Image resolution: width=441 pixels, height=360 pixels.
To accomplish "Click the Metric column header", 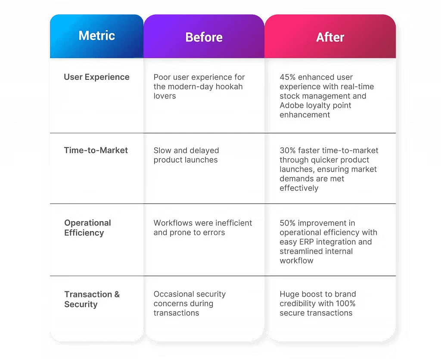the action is click(97, 36).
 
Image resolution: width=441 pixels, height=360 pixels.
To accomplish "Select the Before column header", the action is click(204, 37).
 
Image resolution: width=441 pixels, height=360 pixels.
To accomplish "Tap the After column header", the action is click(330, 37).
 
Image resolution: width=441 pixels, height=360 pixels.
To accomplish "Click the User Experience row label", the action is click(96, 77).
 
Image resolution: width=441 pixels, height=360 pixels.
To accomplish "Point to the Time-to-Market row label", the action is click(96, 150).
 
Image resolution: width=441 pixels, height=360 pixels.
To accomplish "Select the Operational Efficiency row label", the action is click(87, 228).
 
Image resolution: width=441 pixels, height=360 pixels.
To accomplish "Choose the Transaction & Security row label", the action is click(92, 299).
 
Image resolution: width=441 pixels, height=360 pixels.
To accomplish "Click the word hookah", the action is click(229, 86).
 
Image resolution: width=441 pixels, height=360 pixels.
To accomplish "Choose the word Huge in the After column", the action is click(289, 294).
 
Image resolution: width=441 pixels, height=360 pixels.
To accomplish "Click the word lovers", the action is click(165, 96).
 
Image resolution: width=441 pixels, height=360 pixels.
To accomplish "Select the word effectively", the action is click(299, 188).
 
